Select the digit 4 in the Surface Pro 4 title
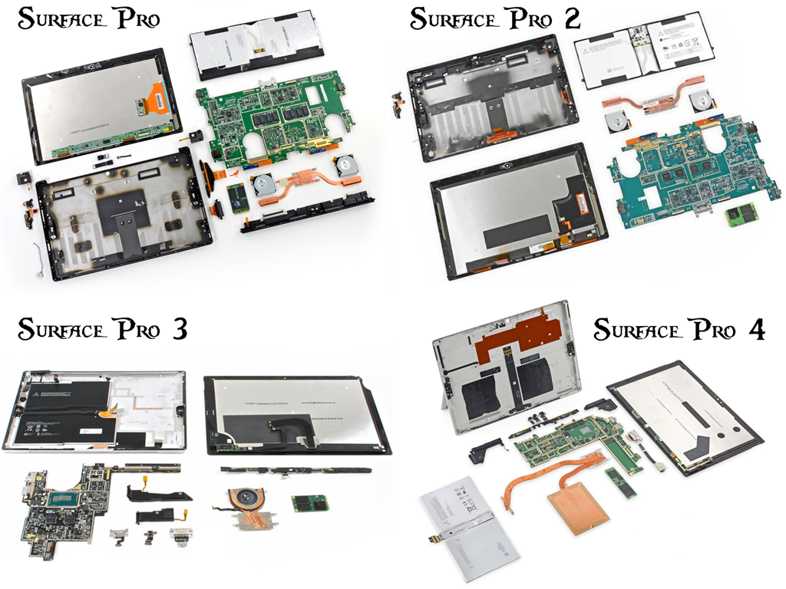click(x=755, y=330)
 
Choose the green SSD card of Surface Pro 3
click(x=310, y=503)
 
